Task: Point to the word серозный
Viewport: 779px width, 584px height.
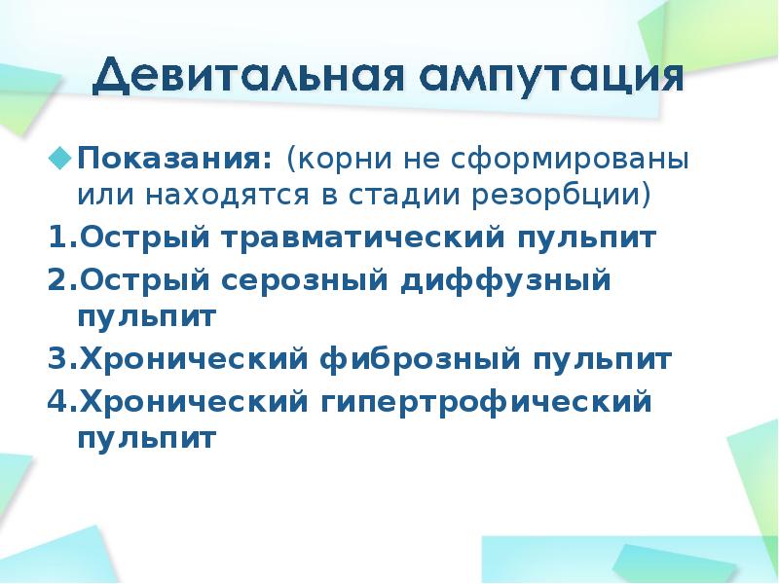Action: point(310,281)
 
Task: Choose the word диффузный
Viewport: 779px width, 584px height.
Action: point(504,281)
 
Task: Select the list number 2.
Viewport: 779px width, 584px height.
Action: point(56,280)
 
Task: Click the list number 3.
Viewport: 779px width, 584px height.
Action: point(56,360)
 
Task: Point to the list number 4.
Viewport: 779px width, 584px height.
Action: point(56,401)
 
